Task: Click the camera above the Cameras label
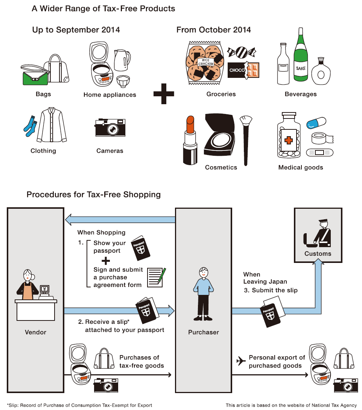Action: click(x=110, y=128)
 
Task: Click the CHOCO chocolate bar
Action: click(x=243, y=70)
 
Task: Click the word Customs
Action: click(x=318, y=254)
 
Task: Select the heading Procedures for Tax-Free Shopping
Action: click(x=94, y=195)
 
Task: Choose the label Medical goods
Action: click(x=301, y=168)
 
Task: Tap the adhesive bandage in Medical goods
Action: click(x=320, y=153)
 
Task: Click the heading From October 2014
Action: click(x=214, y=30)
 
